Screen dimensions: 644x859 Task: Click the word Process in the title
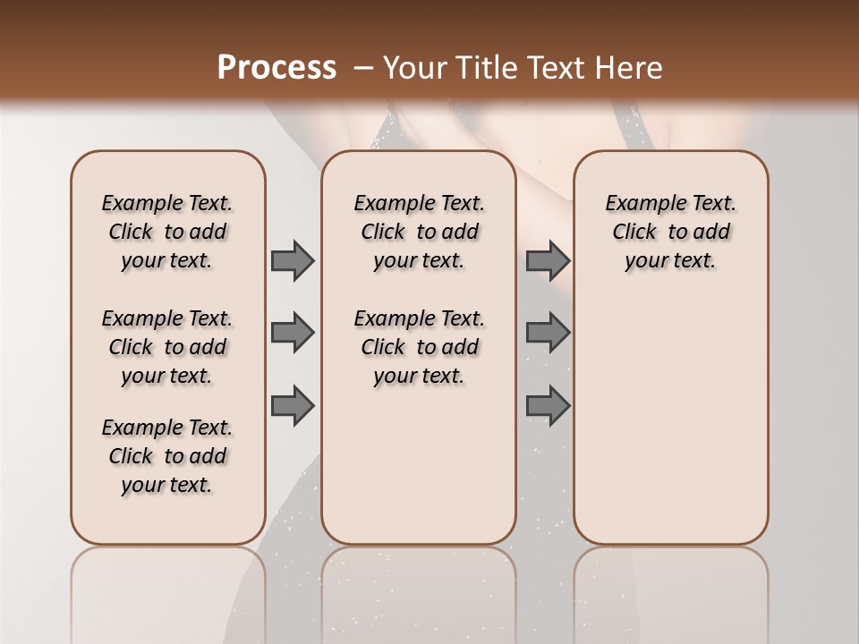(276, 68)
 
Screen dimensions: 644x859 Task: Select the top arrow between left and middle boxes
(293, 260)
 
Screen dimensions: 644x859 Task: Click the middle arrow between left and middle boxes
(293, 333)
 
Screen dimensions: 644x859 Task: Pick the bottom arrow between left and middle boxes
(293, 406)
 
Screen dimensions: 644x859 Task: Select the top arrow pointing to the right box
(548, 260)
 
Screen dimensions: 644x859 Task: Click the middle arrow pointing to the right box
(548, 333)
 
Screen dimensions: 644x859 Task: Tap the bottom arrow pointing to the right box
(548, 406)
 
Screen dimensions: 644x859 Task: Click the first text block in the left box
(167, 232)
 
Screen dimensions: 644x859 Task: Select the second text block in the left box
(167, 347)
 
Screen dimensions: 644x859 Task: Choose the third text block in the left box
(167, 456)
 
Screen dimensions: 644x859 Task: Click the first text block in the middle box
(419, 232)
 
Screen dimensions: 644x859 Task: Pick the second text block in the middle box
(419, 347)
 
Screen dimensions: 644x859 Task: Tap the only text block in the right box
(670, 232)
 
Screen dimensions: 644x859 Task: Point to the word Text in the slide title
(555, 68)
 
